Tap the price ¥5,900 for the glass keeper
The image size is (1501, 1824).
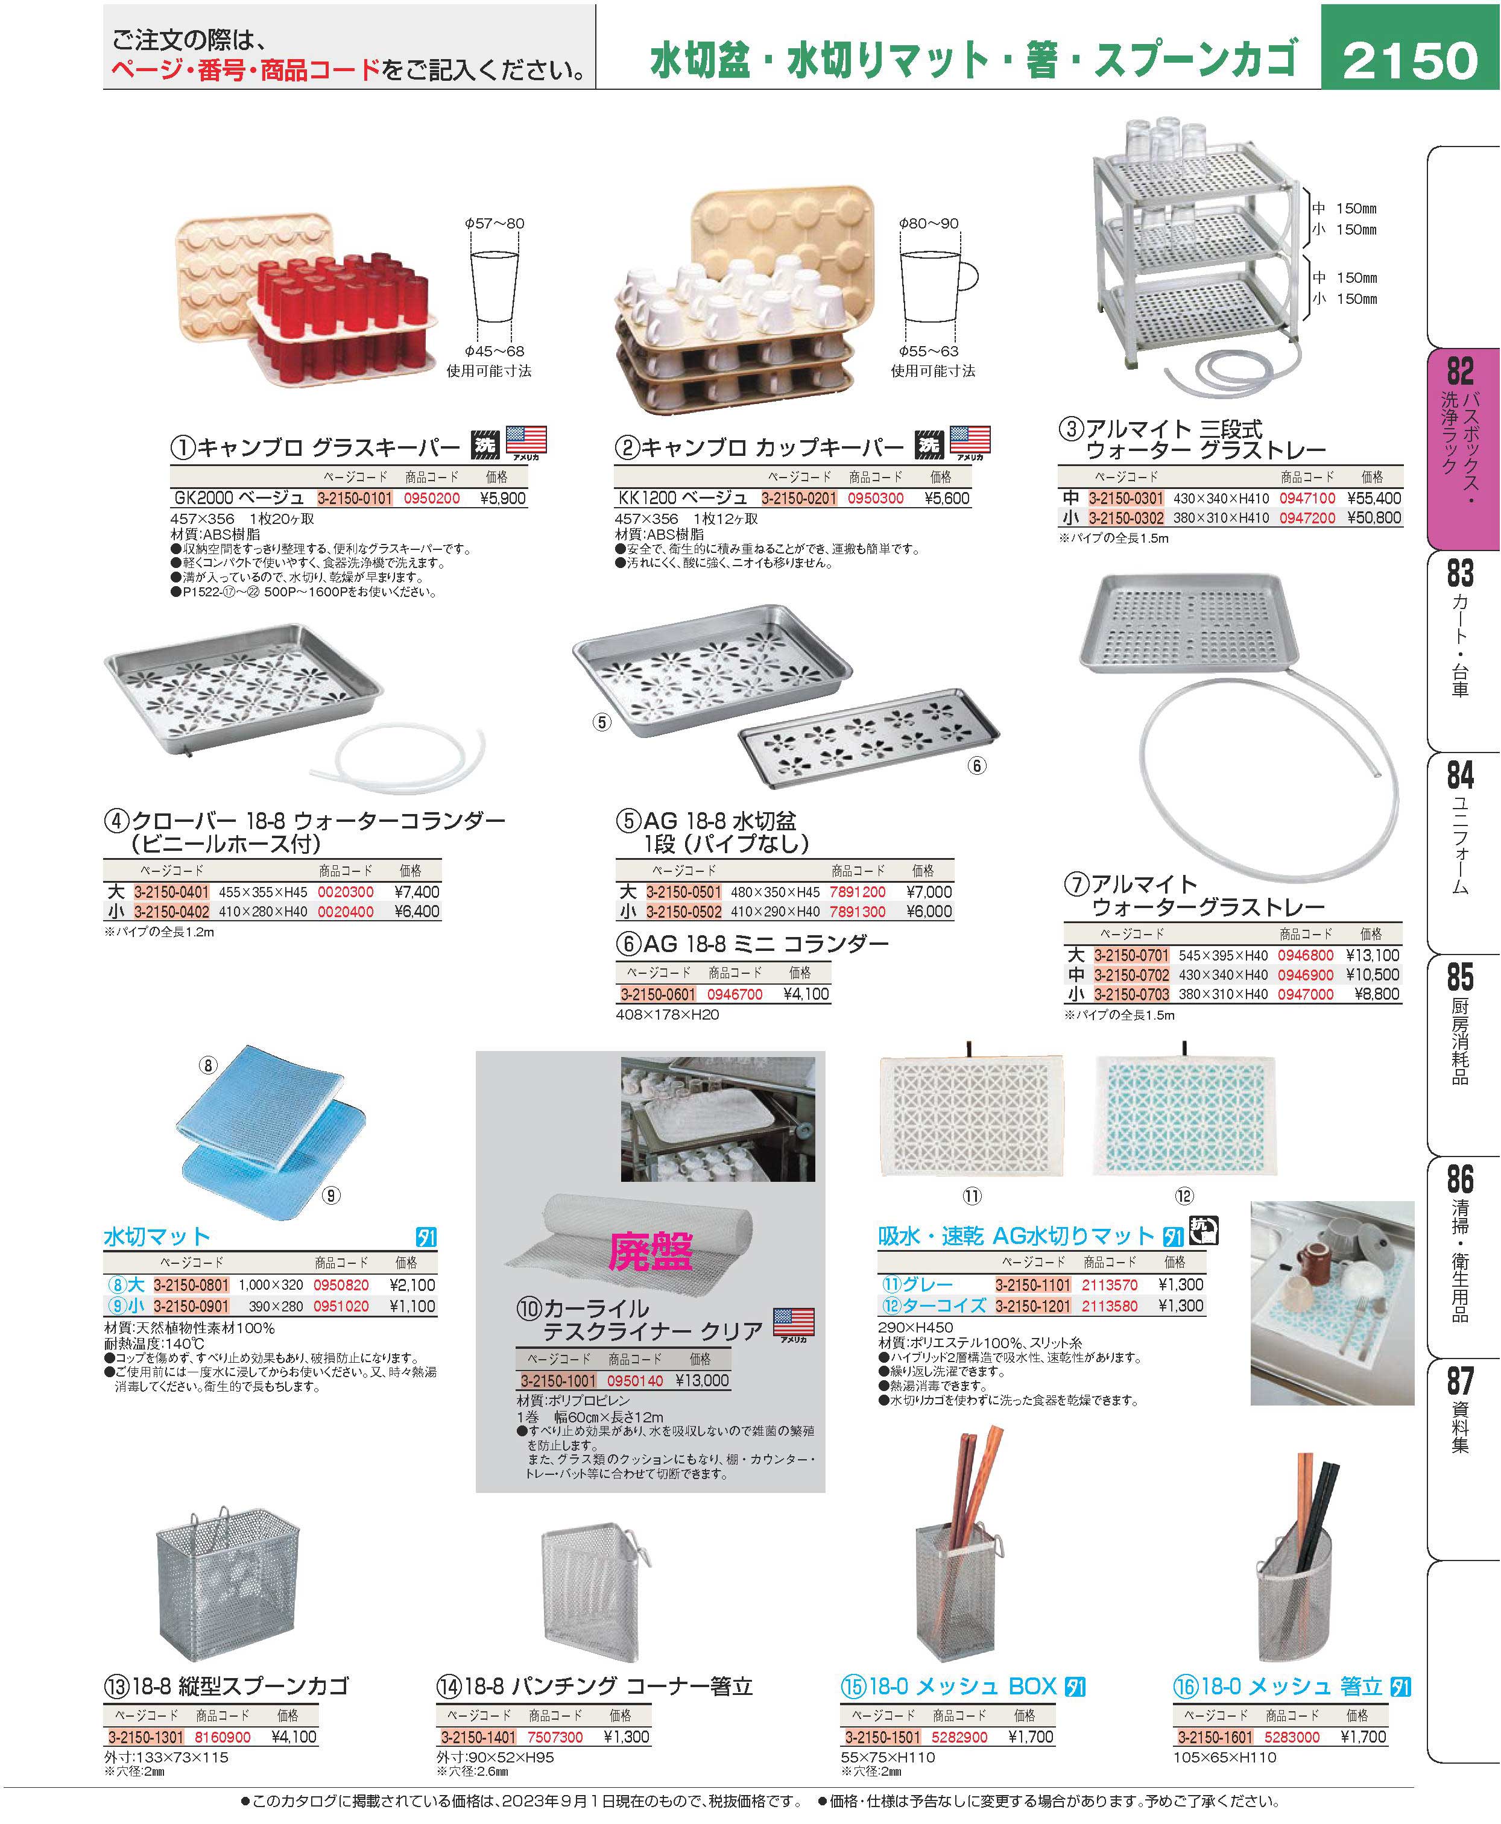(x=502, y=498)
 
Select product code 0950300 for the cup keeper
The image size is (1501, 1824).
(x=875, y=498)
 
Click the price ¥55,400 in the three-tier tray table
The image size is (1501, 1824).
(x=1374, y=498)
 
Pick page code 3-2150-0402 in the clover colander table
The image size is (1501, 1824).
(x=172, y=911)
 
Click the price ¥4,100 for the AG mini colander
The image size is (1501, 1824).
(x=806, y=994)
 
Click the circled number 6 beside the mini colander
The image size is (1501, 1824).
(x=976, y=765)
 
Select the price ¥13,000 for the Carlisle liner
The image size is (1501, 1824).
(x=701, y=1381)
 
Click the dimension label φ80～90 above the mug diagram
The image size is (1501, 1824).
(x=929, y=223)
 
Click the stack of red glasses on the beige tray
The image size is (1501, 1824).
(x=346, y=315)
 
